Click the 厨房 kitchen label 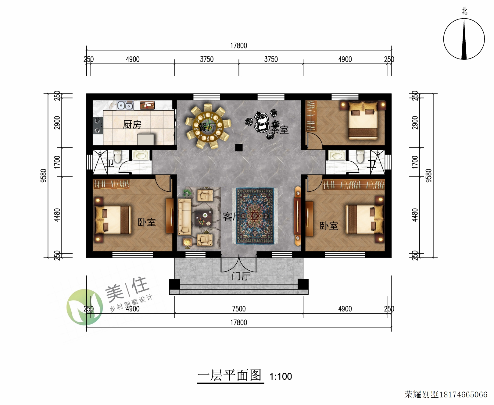tap(132, 125)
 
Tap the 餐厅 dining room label tap(207, 127)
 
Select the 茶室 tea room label tap(279, 130)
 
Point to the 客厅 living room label tap(232, 216)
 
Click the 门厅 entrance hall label tap(241, 276)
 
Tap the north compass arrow tap(464, 39)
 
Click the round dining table tap(208, 126)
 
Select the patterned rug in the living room tap(255, 216)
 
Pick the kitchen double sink tap(125, 105)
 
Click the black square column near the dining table tap(239, 147)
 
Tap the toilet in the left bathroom tap(117, 156)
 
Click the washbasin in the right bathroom tap(337, 155)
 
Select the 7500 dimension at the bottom tap(239, 309)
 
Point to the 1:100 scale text tap(281, 376)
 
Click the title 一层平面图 tap(230, 375)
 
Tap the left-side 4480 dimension tap(57, 215)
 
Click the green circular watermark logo tap(85, 307)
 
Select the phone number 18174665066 tap(463, 395)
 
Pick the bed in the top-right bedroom tap(363, 120)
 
